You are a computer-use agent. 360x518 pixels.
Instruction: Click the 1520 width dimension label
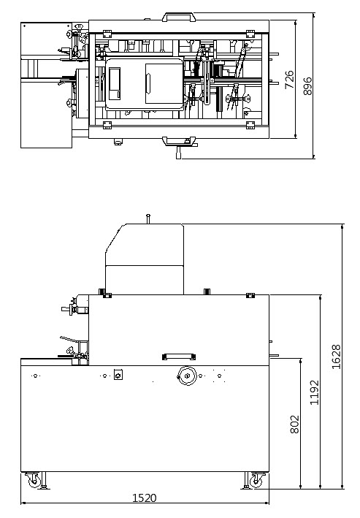(145, 498)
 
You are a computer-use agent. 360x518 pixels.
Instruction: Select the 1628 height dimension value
(336, 357)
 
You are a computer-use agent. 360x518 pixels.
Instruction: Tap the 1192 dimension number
(315, 392)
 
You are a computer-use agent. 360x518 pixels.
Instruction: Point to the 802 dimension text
(294, 424)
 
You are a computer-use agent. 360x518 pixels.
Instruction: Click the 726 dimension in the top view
(289, 80)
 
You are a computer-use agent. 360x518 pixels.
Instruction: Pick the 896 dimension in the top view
(307, 86)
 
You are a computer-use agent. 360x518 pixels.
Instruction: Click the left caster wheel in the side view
(34, 481)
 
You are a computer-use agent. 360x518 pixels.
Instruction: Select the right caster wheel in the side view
(256, 481)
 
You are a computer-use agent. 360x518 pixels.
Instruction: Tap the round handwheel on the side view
(187, 376)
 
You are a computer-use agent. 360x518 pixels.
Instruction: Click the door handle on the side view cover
(179, 357)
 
